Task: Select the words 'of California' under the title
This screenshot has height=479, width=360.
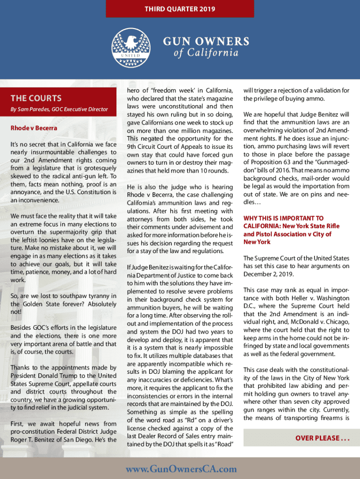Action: [206, 52]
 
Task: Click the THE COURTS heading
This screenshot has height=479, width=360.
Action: [36, 98]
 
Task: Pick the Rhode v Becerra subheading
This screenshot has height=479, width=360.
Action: [34, 128]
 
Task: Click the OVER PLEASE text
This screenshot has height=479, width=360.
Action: [323, 438]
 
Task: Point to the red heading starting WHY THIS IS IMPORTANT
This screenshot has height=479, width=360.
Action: [283, 218]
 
